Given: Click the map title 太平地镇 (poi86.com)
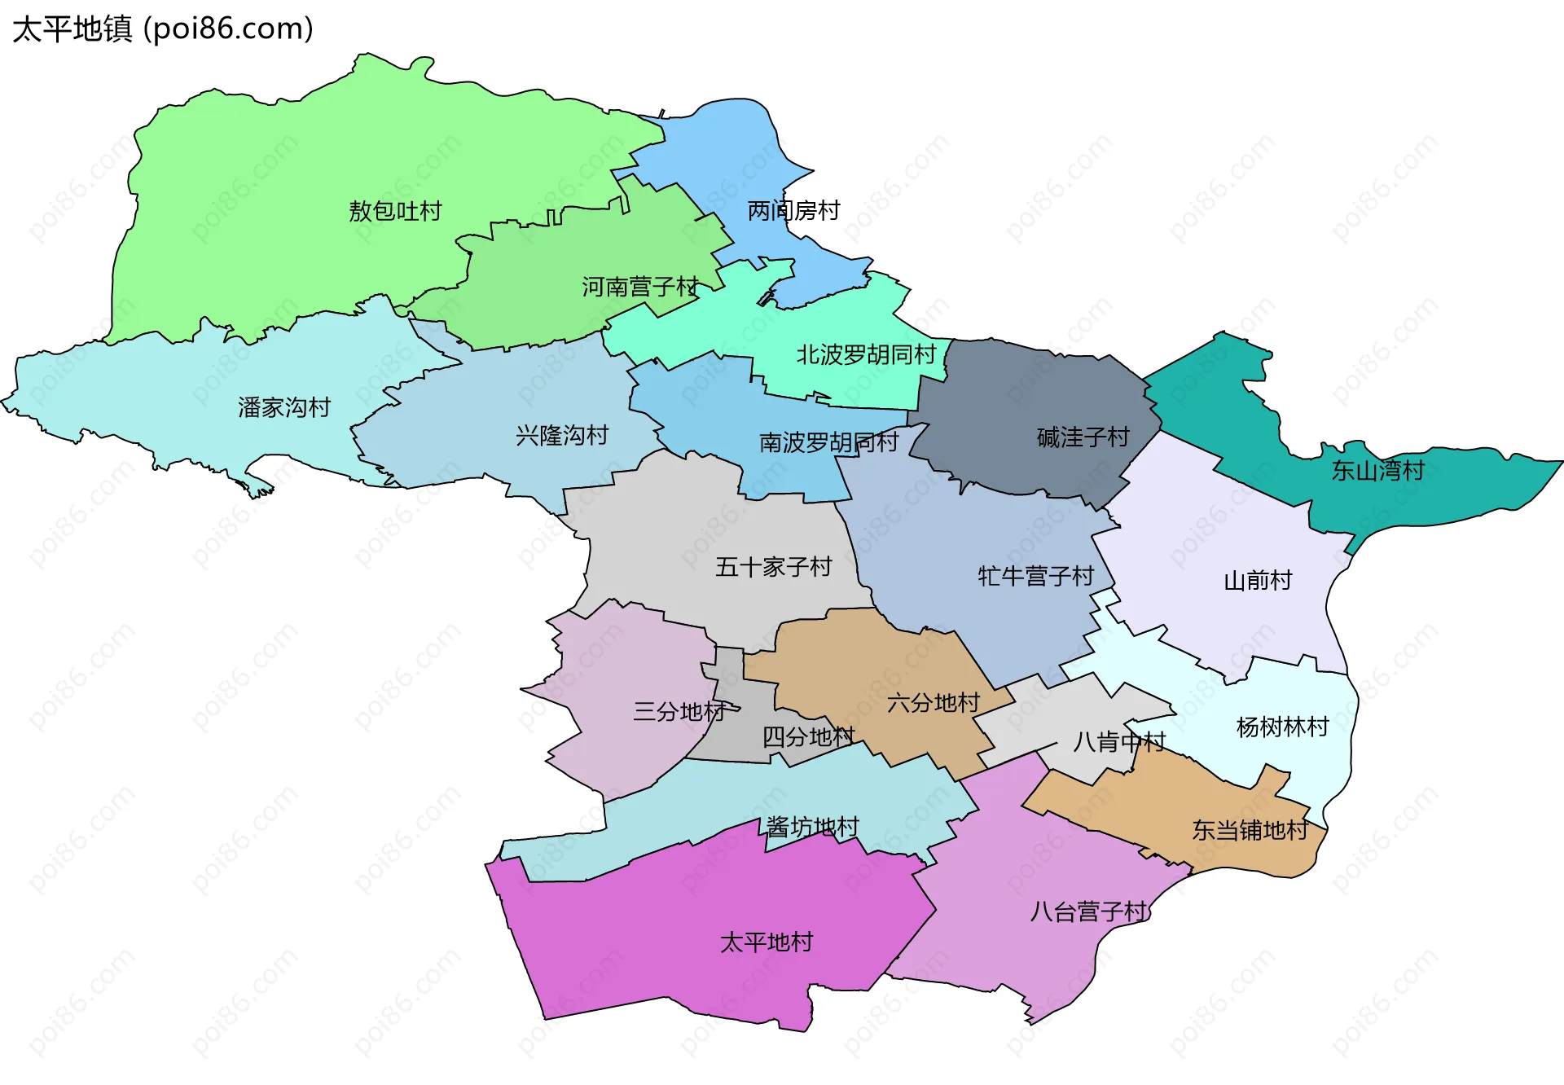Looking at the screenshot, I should [x=163, y=29].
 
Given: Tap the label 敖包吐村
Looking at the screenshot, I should [x=395, y=211].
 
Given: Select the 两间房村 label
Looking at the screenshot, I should [x=793, y=211].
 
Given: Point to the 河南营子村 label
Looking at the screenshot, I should [x=640, y=287].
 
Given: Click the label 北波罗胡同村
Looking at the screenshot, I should [x=866, y=354].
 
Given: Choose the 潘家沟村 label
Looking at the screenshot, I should [x=284, y=407].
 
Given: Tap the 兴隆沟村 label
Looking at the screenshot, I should [x=562, y=435].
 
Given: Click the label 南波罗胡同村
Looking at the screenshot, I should [x=828, y=442].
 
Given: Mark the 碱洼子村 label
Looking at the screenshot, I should [x=1083, y=437].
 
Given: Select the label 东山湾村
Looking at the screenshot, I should [x=1377, y=470].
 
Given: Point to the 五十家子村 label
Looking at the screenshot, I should [x=773, y=567].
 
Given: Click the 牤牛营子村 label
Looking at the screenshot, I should [x=1035, y=576].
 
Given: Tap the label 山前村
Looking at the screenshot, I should [x=1258, y=581].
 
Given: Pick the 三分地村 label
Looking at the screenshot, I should [x=679, y=711].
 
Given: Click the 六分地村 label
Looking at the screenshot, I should [x=933, y=702].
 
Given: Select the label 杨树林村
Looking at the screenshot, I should [x=1282, y=727].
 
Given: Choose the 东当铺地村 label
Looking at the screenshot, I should [x=1250, y=830].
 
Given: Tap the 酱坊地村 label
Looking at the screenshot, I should [x=812, y=827].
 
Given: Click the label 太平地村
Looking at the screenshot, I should [x=767, y=942].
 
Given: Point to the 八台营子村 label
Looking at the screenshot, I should [x=1088, y=911].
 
